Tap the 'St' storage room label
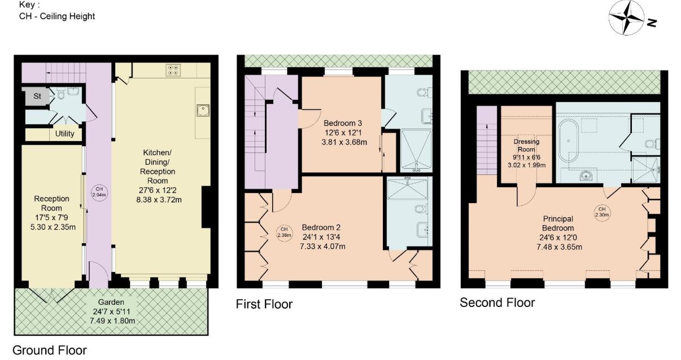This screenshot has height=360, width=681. coord(37,96)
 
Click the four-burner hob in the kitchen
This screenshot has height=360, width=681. coord(173,70)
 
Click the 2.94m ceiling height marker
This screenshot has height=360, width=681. coord(99,192)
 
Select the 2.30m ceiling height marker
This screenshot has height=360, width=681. coord(600,213)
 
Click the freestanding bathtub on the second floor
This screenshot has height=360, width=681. coord(567,142)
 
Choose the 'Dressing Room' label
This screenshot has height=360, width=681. coord(526,146)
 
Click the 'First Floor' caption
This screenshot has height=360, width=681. coord(264,305)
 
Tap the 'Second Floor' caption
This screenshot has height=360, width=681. coord(497,302)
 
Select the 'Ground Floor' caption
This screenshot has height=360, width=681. coord(50,350)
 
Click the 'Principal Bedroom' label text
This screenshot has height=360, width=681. coord(558,223)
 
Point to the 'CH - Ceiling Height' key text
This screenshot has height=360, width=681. coord(57,16)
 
